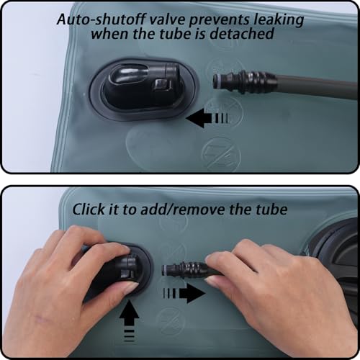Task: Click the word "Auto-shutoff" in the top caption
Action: coord(102,19)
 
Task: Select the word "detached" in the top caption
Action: coord(242,33)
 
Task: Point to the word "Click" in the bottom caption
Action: coord(89,209)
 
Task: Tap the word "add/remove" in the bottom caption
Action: coord(184,210)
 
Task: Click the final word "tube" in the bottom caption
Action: coord(271,209)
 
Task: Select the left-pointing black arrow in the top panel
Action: coord(207,118)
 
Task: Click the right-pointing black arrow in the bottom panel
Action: coord(184,293)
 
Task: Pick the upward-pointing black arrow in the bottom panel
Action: coord(129,321)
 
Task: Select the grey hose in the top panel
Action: coord(316,87)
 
